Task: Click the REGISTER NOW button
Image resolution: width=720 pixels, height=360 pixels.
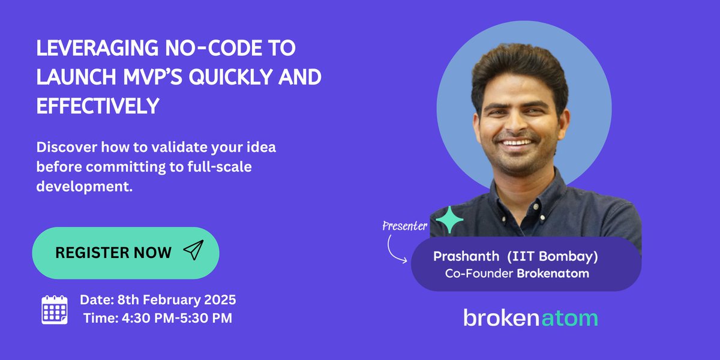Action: tap(125, 253)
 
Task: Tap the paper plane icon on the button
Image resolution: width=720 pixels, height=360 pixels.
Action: tap(193, 251)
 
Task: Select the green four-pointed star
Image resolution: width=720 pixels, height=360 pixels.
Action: tap(449, 220)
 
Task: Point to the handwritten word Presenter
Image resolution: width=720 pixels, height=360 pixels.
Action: tap(404, 226)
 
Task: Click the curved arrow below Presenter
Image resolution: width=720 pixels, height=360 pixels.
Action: tap(396, 248)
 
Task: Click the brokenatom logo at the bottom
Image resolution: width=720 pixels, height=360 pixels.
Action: tap(530, 317)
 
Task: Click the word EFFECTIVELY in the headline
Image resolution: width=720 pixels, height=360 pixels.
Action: tap(98, 106)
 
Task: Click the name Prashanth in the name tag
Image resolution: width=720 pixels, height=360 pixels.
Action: tap(466, 256)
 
